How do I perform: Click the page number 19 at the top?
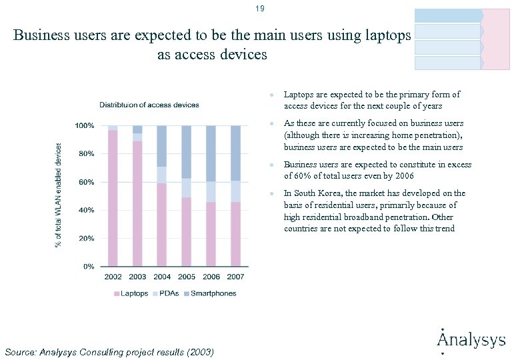click(259, 9)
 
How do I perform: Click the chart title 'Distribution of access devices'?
click(149, 105)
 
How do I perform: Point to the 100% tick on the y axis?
click(83, 125)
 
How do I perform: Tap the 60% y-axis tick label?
click(85, 182)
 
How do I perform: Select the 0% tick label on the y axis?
click(88, 267)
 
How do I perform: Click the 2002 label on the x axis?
click(113, 277)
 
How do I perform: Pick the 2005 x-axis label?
click(187, 277)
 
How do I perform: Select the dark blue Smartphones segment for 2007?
click(235, 153)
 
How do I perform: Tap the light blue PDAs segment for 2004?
click(162, 175)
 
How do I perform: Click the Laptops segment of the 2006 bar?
click(211, 233)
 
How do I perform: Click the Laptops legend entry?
click(131, 293)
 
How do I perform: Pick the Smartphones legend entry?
click(210, 293)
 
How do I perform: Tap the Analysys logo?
click(471, 340)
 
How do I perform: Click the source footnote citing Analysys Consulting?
click(109, 351)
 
